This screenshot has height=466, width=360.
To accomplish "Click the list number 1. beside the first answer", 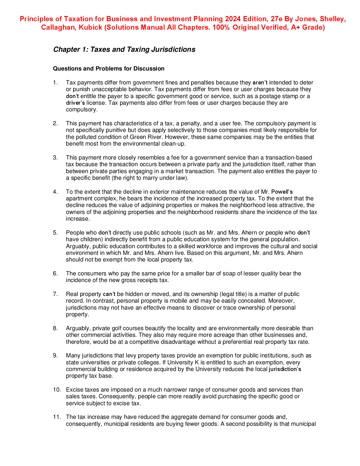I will point(55,83).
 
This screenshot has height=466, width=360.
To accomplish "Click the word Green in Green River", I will point(138,137).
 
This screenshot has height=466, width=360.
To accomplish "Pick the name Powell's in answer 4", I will point(282,192).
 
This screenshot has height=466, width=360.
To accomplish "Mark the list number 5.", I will point(55,233).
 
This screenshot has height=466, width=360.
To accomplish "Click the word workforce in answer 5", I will point(210,246).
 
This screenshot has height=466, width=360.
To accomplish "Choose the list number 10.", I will point(57,390).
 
